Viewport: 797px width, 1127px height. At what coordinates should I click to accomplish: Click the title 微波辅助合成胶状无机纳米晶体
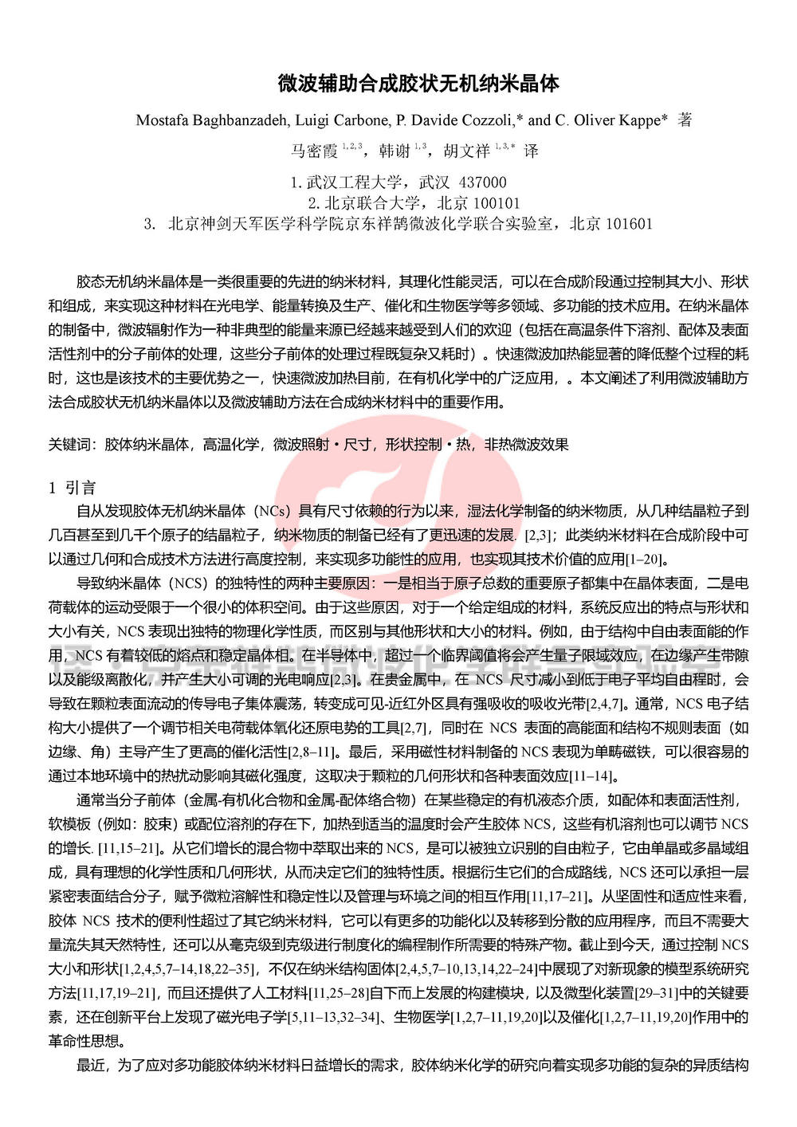click(x=418, y=84)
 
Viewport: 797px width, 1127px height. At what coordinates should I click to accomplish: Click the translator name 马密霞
click(x=314, y=151)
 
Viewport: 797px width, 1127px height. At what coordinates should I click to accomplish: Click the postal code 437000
click(x=482, y=183)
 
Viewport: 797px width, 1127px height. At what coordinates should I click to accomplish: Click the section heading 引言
click(x=80, y=488)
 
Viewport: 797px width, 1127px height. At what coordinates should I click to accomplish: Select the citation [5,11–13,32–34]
click(x=334, y=1017)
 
